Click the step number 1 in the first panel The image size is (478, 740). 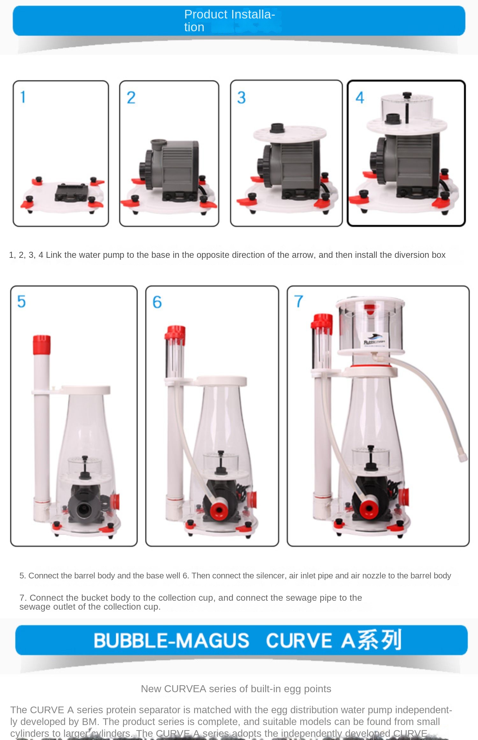(23, 97)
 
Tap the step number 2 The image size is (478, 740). (131, 98)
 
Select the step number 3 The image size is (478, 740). (242, 98)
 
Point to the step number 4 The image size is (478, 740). (360, 98)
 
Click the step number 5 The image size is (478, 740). (21, 301)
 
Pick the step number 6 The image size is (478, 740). (157, 302)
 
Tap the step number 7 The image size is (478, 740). (299, 301)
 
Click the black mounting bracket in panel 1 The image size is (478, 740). (71, 192)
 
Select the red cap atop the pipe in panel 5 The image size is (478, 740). (42, 345)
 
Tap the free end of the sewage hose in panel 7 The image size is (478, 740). (463, 458)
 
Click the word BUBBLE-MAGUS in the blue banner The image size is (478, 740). (171, 641)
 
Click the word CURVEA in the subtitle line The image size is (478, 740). (185, 689)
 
